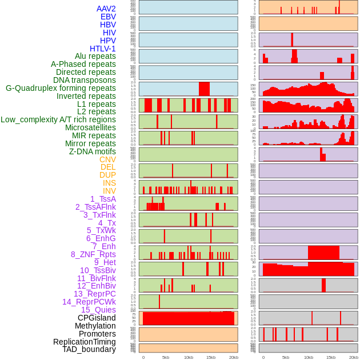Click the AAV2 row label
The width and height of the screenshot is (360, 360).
[106, 9]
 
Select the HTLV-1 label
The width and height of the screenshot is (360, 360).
[103, 49]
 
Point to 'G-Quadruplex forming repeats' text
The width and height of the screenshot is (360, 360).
[61, 88]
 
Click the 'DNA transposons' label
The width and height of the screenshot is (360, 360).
[85, 80]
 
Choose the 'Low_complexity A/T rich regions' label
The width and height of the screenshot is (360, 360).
[58, 119]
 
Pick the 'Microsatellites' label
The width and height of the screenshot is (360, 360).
[90, 127]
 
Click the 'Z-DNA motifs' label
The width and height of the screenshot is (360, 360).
[93, 151]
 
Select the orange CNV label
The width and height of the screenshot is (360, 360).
[107, 159]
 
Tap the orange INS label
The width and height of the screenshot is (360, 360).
[109, 183]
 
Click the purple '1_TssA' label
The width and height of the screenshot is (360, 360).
[103, 199]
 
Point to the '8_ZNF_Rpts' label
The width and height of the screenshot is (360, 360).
[93, 254]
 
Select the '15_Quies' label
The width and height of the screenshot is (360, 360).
[98, 310]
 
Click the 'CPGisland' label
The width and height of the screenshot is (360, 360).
[97, 318]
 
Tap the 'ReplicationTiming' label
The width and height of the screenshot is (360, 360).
[85, 342]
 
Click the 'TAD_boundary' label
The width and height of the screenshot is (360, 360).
[89, 349]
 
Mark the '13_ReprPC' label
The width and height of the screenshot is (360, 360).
[95, 294]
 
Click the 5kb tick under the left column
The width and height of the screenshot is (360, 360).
[166, 357]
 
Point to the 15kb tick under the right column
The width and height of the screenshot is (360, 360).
[330, 357]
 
